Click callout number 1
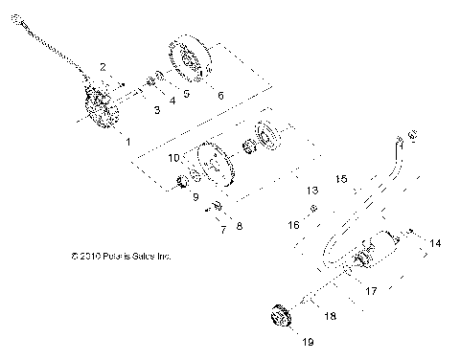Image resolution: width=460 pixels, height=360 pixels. pyautogui.click(x=127, y=140)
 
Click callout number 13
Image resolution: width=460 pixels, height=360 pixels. pyautogui.click(x=310, y=191)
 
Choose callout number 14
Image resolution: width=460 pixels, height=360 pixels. pyautogui.click(x=435, y=244)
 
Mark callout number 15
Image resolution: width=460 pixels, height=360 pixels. pyautogui.click(x=340, y=205)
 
